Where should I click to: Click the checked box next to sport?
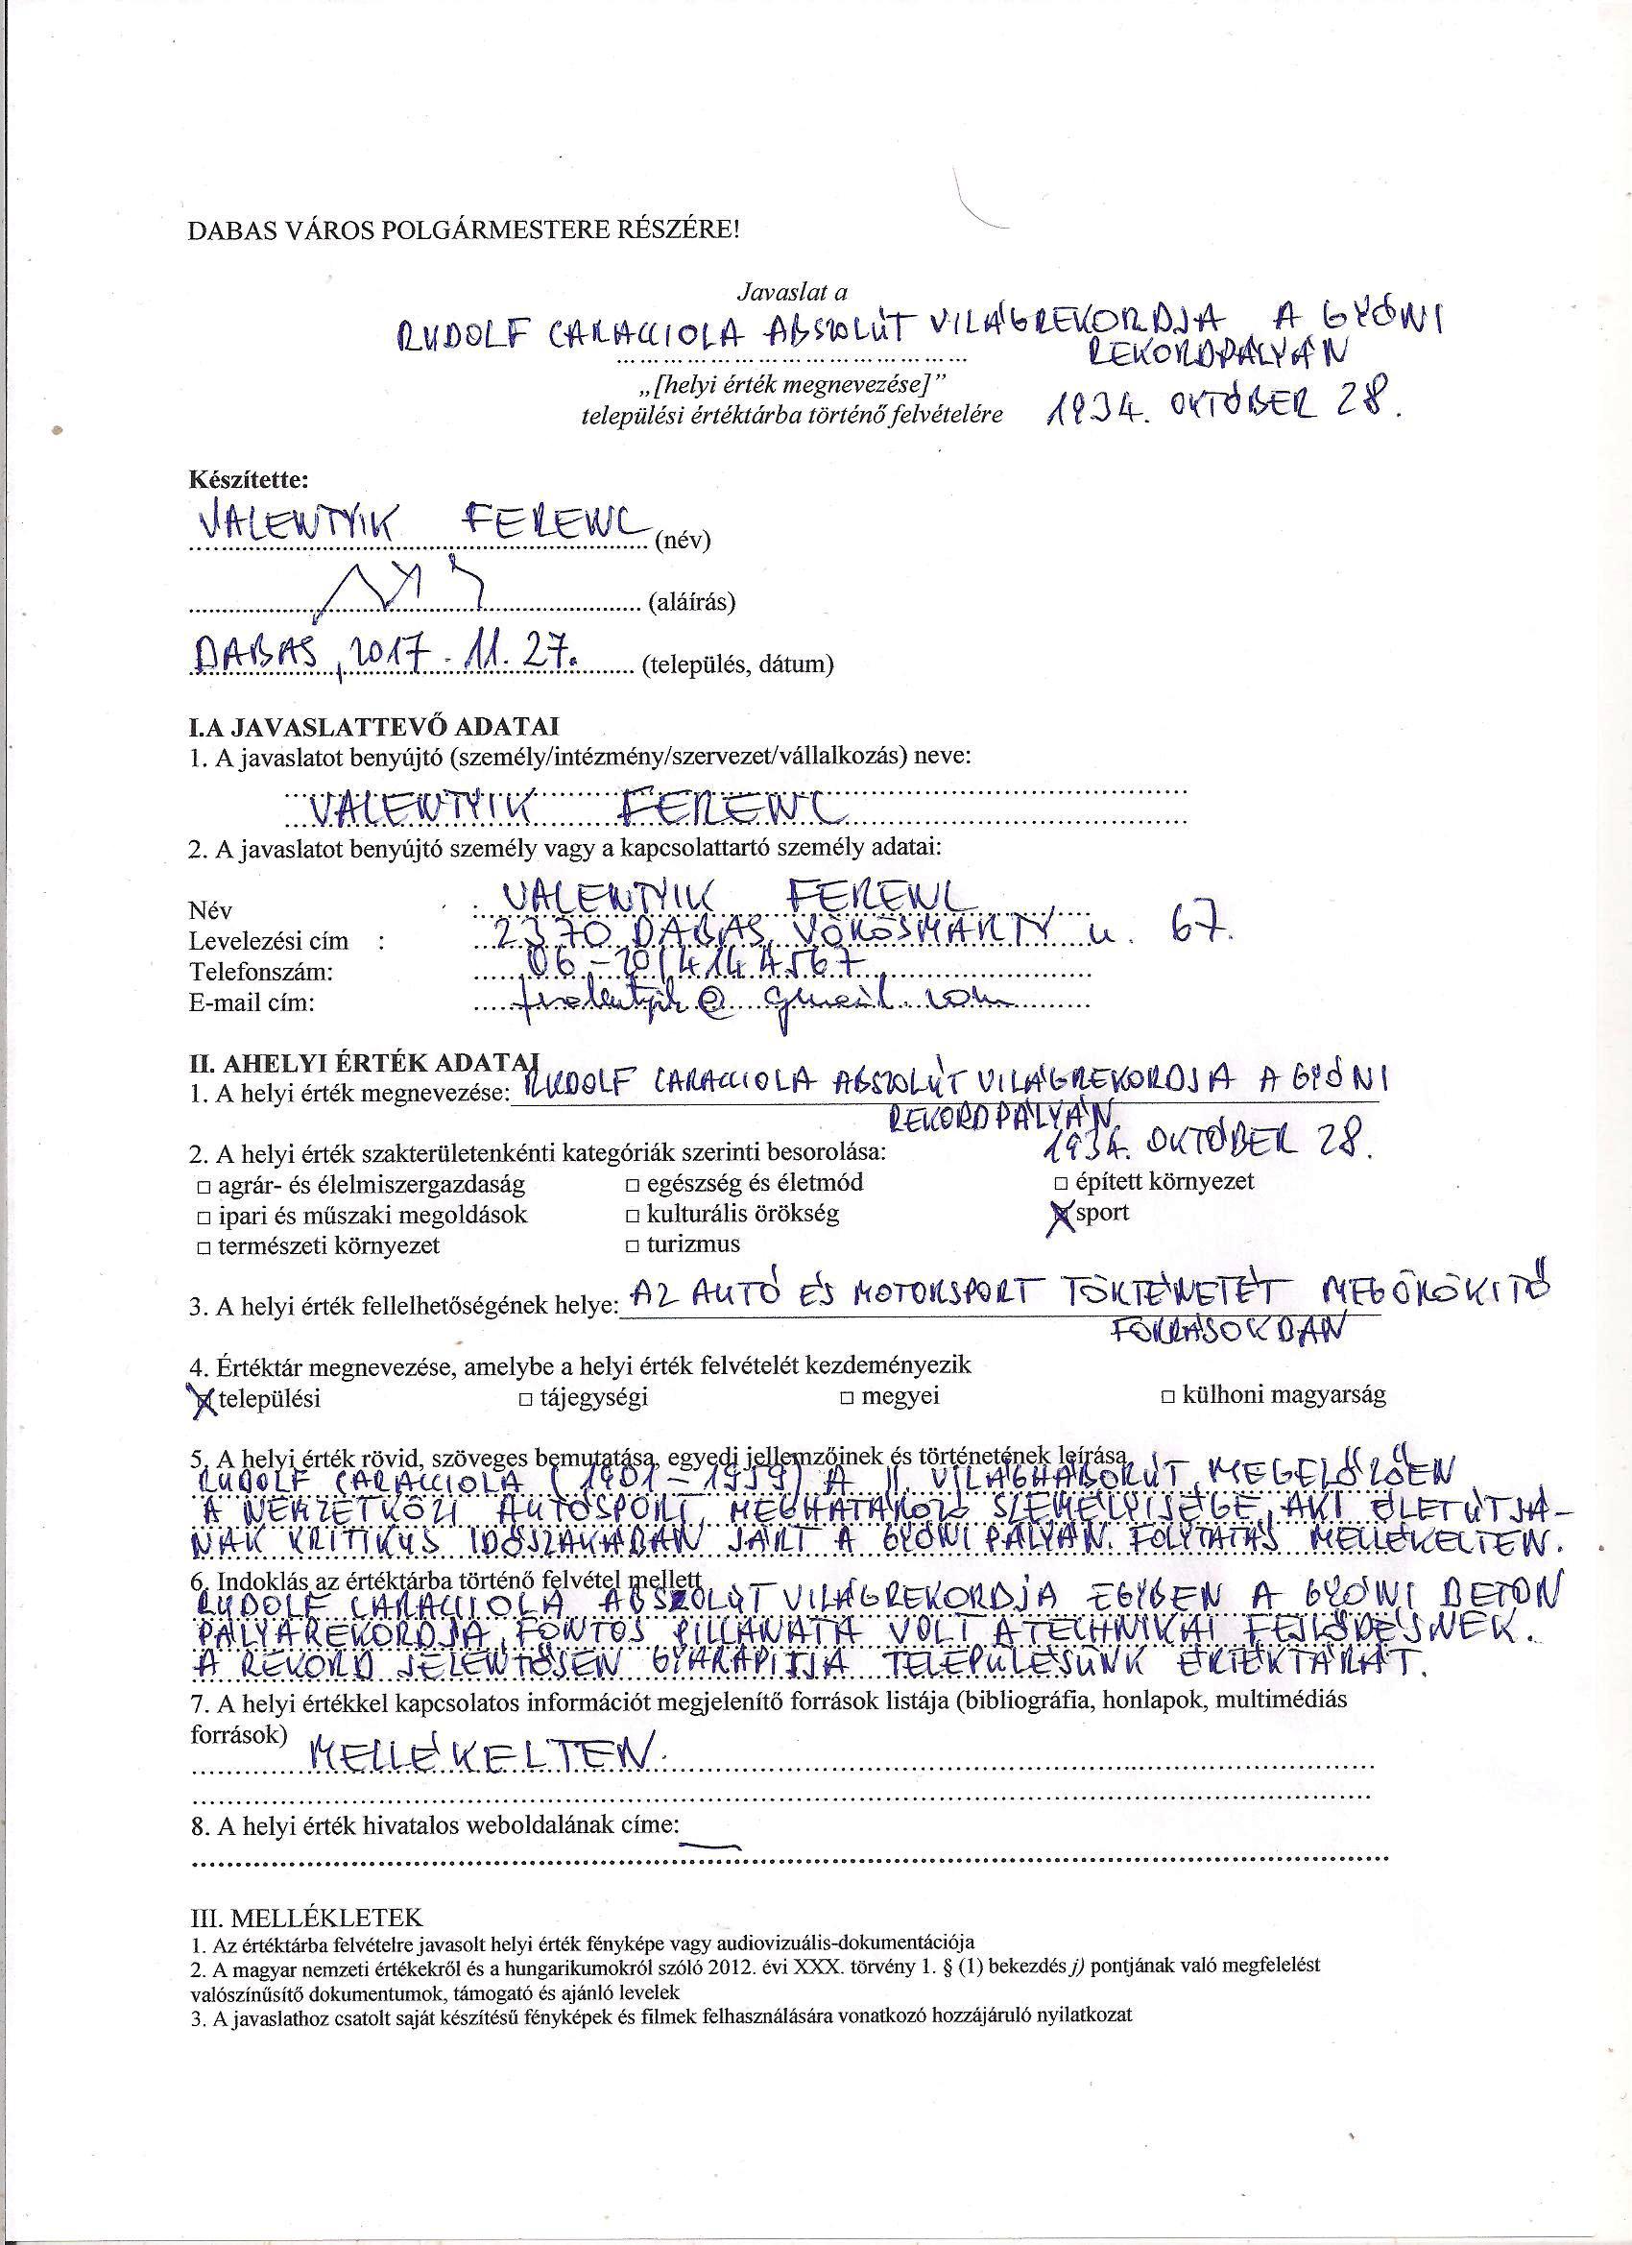pyautogui.click(x=1063, y=1215)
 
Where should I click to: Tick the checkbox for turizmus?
pyautogui.click(x=632, y=1246)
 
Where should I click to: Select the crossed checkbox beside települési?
pyautogui.click(x=204, y=1398)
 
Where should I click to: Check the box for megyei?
pyautogui.click(x=847, y=1398)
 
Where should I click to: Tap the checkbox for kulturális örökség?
pyautogui.click(x=632, y=1215)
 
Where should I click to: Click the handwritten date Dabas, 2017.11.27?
pyautogui.click(x=386, y=654)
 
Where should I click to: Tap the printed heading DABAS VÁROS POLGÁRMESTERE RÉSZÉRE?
pyautogui.click(x=463, y=231)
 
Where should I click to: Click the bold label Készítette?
pyautogui.click(x=249, y=481)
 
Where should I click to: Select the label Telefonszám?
pyautogui.click(x=260, y=972)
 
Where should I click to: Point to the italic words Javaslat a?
pyautogui.click(x=792, y=293)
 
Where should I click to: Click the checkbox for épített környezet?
pyautogui.click(x=1061, y=1183)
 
